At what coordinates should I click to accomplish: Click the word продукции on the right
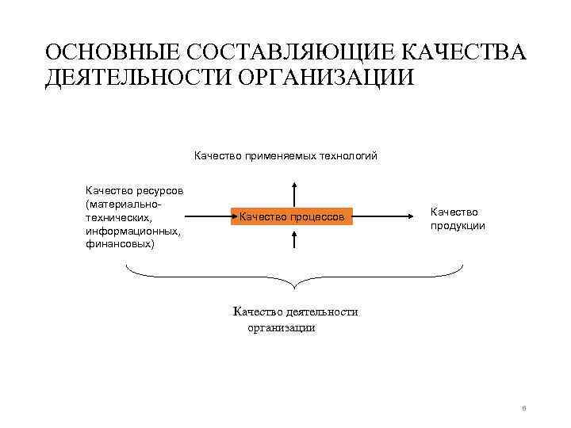[x=458, y=226]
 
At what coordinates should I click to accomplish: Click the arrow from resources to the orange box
[x=207, y=214]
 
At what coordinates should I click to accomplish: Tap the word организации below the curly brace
[x=281, y=327]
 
